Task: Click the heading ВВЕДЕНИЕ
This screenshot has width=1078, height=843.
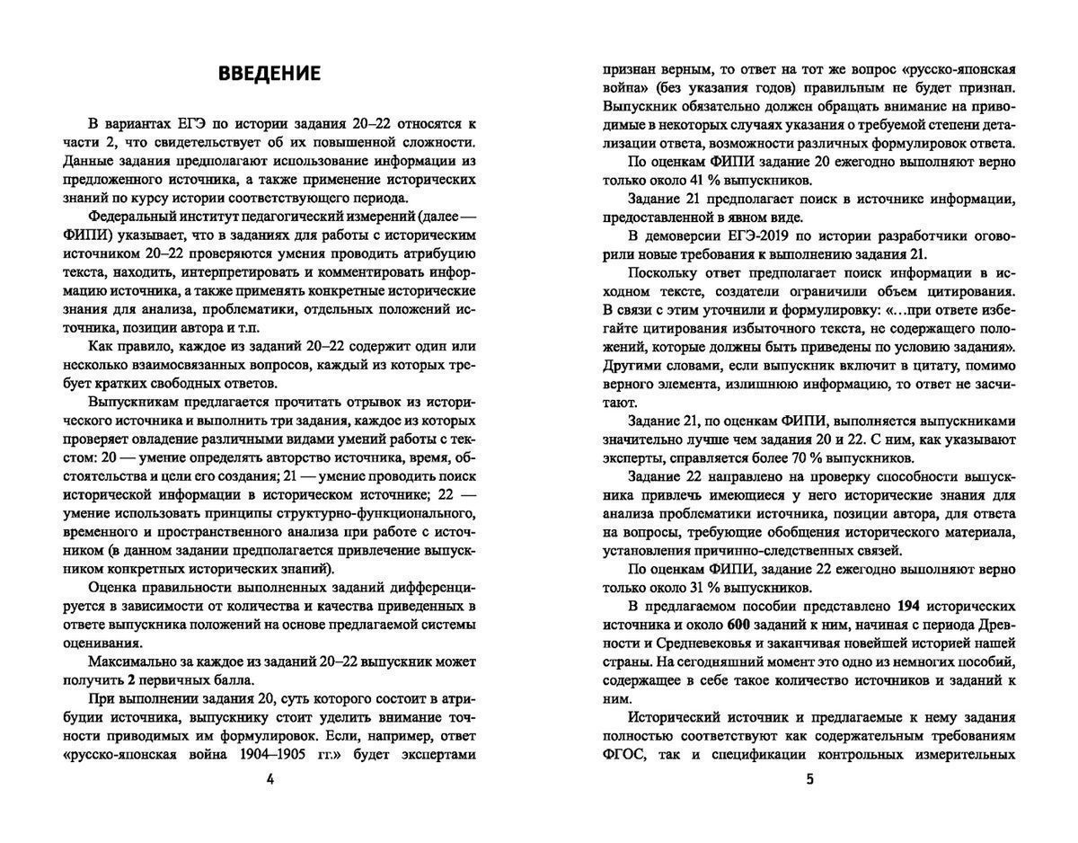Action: (269, 74)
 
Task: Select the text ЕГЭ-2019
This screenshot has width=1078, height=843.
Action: (776, 236)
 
